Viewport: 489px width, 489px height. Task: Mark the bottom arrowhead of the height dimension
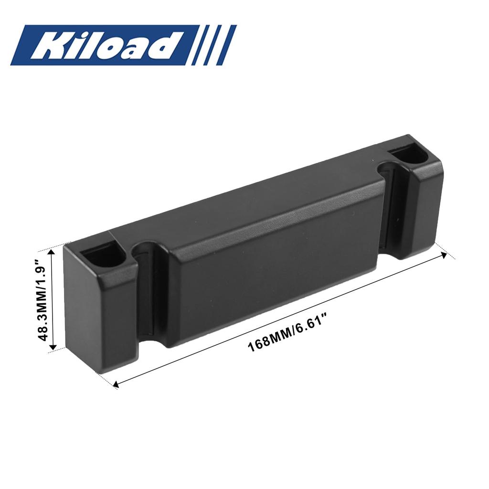coord(53,347)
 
